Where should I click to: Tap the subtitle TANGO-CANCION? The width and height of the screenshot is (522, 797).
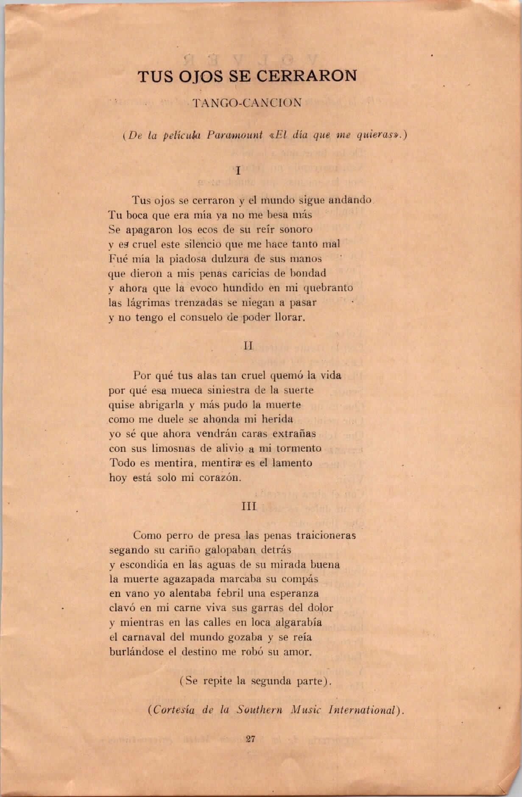[x=247, y=103]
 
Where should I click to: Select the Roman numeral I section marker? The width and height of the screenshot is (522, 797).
[x=238, y=171]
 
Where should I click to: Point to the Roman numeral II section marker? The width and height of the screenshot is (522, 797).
[x=248, y=346]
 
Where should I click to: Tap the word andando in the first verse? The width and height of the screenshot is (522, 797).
[x=351, y=200]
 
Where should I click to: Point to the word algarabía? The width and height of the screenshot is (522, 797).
[x=299, y=623]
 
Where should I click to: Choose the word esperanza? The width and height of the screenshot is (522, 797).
[x=296, y=594]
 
